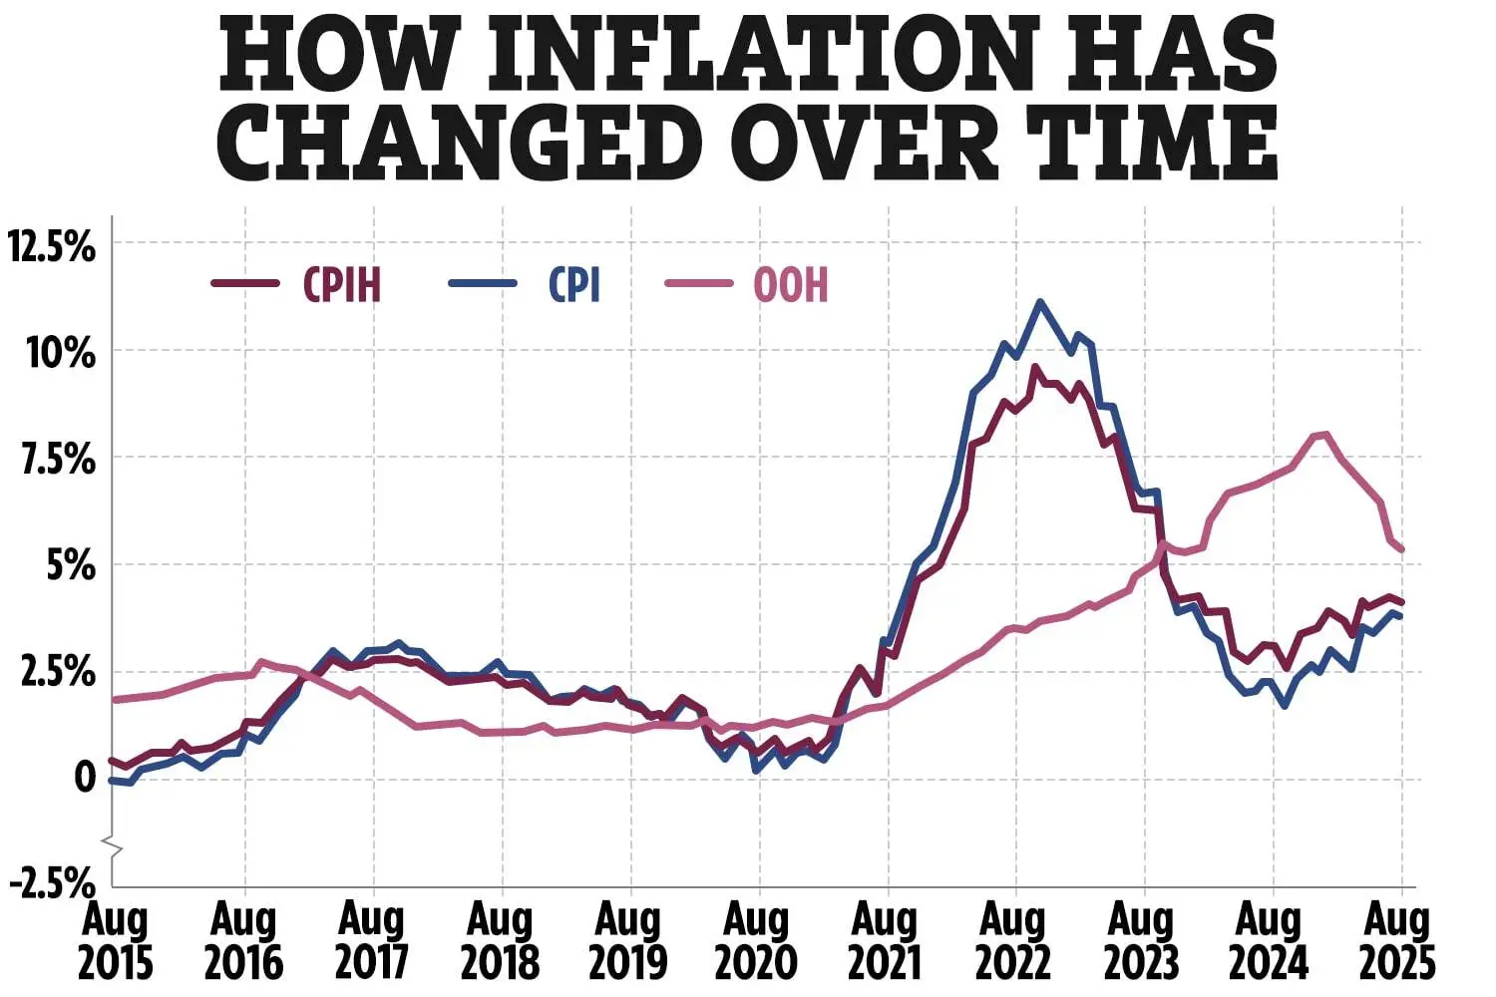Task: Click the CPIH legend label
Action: [x=342, y=285]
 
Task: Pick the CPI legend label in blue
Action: [x=574, y=285]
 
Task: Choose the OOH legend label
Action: [x=791, y=285]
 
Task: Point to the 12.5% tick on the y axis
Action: [x=52, y=245]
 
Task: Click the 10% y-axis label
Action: [x=60, y=352]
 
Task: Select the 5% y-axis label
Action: [x=70, y=565]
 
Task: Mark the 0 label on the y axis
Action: [x=85, y=778]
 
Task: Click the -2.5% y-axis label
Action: [x=52, y=882]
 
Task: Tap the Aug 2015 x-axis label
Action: [x=116, y=941]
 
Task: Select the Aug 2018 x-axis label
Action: [x=501, y=941]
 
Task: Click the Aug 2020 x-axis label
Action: [x=757, y=941]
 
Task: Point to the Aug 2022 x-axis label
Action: [x=1013, y=941]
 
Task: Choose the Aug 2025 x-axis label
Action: [x=1398, y=941]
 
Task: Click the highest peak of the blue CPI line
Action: [x=1040, y=301]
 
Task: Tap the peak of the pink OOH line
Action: [x=1322, y=434]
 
